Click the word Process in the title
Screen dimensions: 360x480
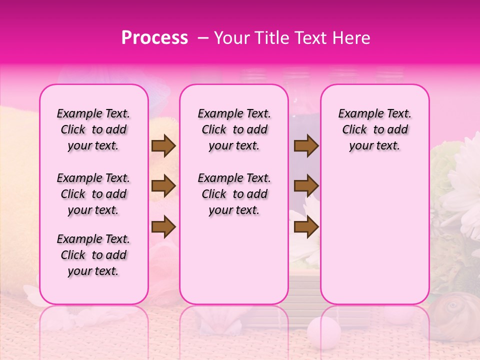pyautogui.click(x=154, y=38)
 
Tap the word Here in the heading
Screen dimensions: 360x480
pyautogui.click(x=352, y=38)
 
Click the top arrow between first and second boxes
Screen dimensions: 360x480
pyautogui.click(x=163, y=145)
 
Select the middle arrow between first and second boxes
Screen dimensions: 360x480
pyautogui.click(x=163, y=186)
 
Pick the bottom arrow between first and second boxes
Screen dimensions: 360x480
pyautogui.click(x=163, y=227)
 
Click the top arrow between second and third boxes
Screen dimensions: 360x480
pyautogui.click(x=306, y=145)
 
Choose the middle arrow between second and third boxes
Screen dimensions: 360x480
pyautogui.click(x=306, y=186)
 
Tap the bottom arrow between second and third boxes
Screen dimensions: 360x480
pyautogui.click(x=306, y=227)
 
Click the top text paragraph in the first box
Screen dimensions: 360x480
pyautogui.click(x=93, y=129)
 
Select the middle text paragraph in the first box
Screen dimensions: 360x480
pyautogui.click(x=93, y=194)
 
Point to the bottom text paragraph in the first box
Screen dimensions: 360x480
pyautogui.click(x=93, y=255)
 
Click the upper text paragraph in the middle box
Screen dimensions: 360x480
pyautogui.click(x=234, y=129)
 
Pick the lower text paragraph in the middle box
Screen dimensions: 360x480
pyautogui.click(x=234, y=194)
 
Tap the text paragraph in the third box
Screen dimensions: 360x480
pyautogui.click(x=375, y=129)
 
